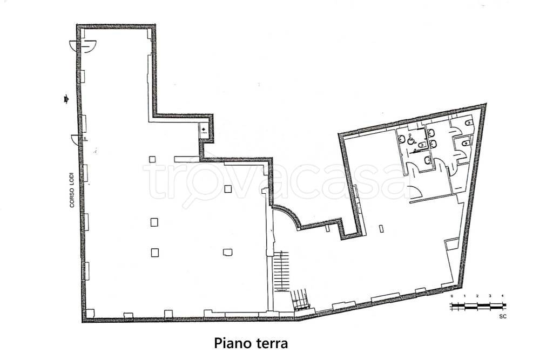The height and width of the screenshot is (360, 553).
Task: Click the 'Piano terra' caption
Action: [251, 343]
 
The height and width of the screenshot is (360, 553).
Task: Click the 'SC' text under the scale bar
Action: [503, 316]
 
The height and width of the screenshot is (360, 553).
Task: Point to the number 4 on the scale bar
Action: [503, 296]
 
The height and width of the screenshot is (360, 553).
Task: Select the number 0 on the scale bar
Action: [451, 296]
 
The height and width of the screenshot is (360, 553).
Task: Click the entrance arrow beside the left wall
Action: [66, 98]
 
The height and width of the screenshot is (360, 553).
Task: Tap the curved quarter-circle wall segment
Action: [289, 215]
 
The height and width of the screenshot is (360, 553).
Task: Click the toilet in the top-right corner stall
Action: [469, 124]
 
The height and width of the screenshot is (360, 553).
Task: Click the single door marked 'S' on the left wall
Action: [79, 141]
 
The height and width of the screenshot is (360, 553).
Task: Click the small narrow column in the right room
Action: [382, 228]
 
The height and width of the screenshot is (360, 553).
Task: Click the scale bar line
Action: [477, 306]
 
